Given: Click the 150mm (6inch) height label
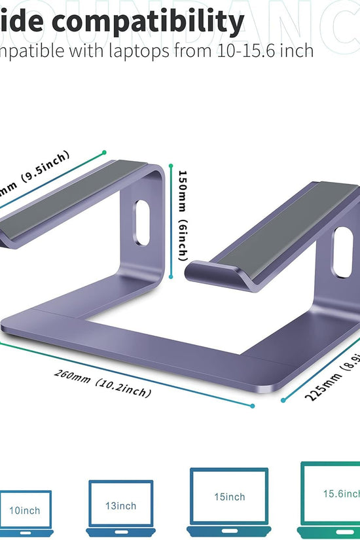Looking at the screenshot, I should click(183, 217).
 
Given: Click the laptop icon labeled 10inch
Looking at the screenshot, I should click(24, 509).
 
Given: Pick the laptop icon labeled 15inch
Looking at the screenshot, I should click(229, 497).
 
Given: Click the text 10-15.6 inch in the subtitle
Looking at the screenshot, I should click(261, 51).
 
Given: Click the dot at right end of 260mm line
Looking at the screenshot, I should click(253, 406).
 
